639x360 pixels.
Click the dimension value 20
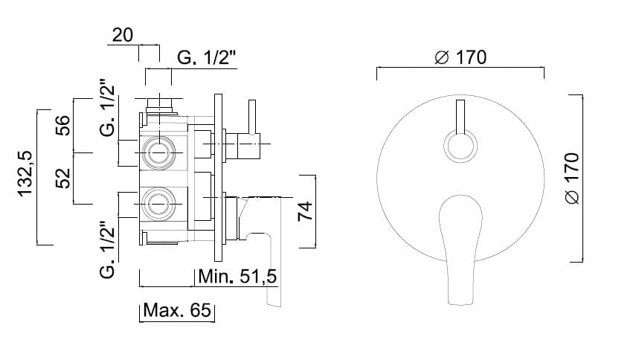pos(122,35)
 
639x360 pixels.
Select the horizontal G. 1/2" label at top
pos(207,57)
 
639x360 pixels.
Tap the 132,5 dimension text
pos(25,174)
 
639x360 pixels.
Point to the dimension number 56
pos(62,125)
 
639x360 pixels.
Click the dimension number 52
pos(62,179)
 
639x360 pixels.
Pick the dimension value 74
pos(305,210)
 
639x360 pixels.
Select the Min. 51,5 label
pos(237,277)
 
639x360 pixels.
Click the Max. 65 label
pos(177,310)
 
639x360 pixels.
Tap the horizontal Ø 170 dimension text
pos(460,57)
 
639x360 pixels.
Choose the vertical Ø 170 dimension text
pos(572,179)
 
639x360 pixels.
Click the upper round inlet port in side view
pos(158,152)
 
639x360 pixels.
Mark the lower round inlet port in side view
pos(158,204)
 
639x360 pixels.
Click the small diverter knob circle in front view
pos(460,146)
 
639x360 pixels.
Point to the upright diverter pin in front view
pos(460,117)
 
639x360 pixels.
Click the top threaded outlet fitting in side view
pos(159,106)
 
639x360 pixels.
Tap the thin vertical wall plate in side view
pos(218,178)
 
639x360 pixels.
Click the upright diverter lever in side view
pos(252,117)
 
